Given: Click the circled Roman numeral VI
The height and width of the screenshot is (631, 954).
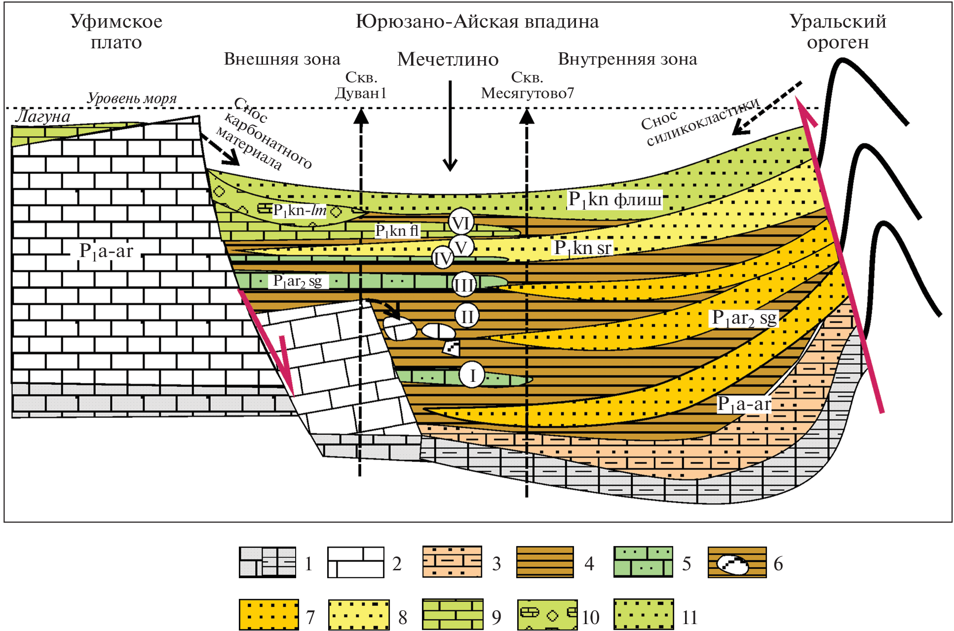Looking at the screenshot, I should point(461,223).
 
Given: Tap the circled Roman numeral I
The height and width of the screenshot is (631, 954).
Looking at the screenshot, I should point(472,375).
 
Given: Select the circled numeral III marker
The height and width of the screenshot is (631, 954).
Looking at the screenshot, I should point(464,285).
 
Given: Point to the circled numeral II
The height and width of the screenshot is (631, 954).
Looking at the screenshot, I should point(467,316).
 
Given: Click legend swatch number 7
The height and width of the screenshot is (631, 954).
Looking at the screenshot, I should point(268,615).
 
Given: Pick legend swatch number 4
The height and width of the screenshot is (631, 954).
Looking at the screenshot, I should point(545,562).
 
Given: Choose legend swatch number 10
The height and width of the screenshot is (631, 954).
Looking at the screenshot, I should point(547,615).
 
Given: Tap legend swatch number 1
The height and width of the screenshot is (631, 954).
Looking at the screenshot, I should point(267,562).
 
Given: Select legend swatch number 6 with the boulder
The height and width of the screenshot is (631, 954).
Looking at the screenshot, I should point(737,562).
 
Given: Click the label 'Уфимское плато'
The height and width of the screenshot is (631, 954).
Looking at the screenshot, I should point(116,32).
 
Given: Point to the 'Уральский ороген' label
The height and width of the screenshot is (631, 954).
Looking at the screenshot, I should point(838,32).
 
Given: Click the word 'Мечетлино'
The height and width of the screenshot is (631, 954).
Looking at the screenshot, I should point(448,59).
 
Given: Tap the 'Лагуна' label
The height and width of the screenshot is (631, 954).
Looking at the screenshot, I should point(42,116).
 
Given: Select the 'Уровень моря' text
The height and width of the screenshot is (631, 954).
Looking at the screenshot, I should point(132,98).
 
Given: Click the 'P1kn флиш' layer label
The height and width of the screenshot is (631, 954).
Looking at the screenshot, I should point(614,199).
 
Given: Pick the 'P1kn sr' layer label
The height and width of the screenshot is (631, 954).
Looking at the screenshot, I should point(583,248).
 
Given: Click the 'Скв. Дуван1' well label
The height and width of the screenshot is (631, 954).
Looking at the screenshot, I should point(361,85).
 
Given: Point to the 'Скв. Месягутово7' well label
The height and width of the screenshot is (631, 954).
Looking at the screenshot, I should point(527,85).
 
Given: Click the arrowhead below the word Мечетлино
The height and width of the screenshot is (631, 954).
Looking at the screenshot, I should point(450,165).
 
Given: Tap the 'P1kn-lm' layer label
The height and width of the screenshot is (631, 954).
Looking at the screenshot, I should point(300,211).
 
